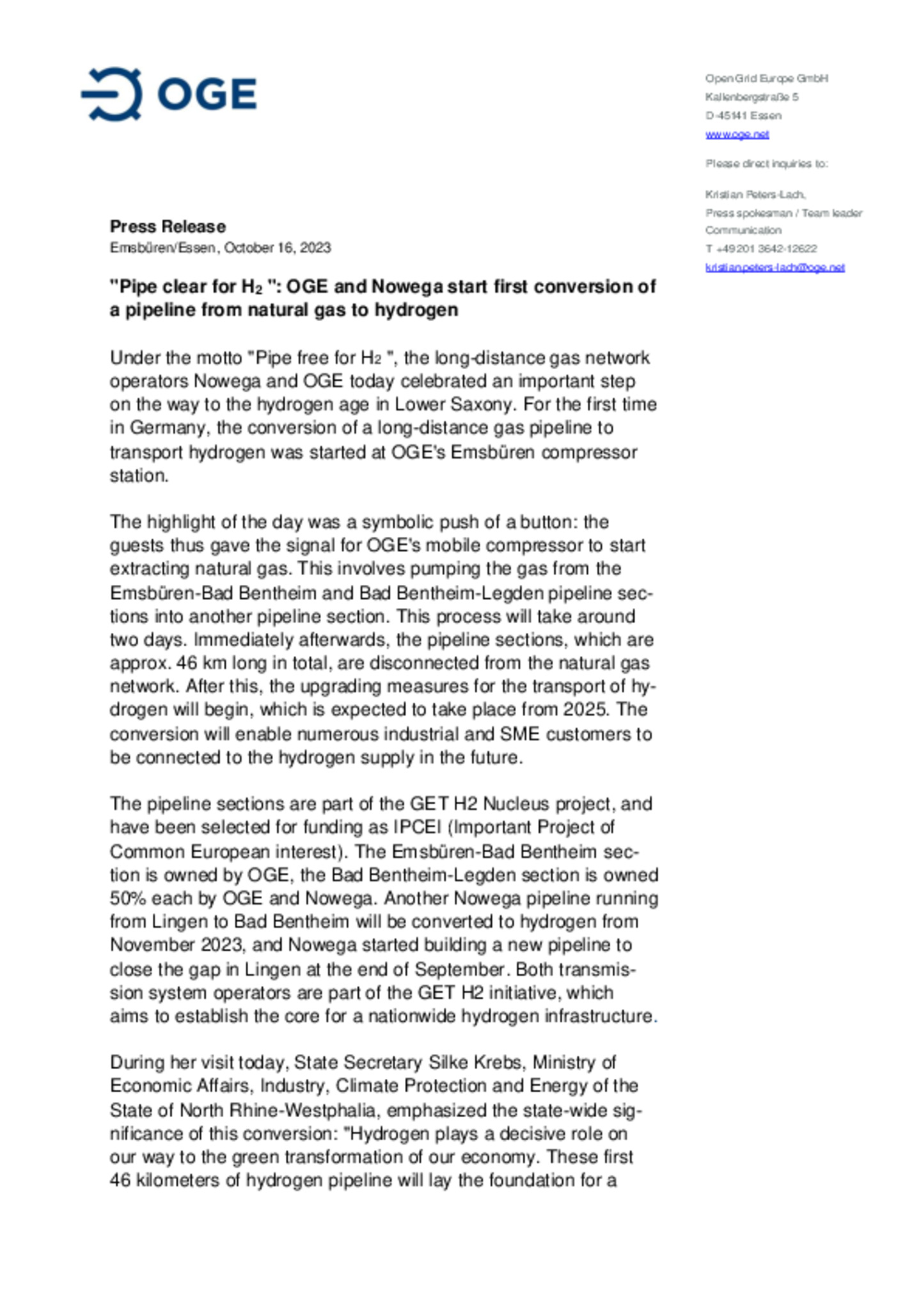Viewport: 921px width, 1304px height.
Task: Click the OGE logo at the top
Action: pos(169,94)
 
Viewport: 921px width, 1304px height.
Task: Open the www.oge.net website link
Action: pos(737,134)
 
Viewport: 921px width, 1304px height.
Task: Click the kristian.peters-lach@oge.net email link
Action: pos(775,267)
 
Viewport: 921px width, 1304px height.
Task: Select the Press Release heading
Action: pos(168,227)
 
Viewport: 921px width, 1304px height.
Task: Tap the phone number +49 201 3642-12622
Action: pos(766,249)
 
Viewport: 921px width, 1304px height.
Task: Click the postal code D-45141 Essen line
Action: pos(743,116)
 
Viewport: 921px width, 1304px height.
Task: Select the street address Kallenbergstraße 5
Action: pos(752,97)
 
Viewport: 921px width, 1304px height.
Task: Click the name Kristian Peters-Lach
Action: pos(755,195)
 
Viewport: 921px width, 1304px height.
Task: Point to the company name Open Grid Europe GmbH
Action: pos(766,79)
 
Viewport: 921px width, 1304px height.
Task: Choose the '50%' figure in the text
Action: pos(128,898)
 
